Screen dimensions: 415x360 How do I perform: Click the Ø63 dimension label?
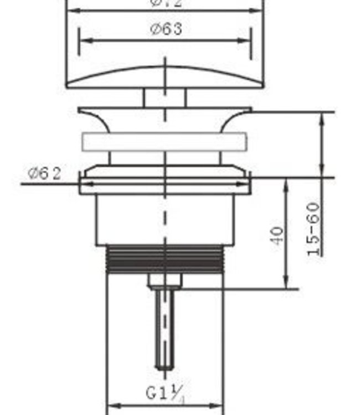pyautogui.click(x=166, y=29)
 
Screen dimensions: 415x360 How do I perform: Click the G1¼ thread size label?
pyautogui.click(x=164, y=393)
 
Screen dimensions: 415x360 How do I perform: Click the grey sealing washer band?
pyautogui.click(x=164, y=142)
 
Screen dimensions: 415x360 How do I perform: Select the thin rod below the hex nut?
pyautogui.click(x=164, y=326)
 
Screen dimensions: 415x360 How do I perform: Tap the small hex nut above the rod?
pyautogui.click(x=164, y=282)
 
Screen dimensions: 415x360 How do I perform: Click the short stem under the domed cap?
pyautogui.click(x=164, y=97)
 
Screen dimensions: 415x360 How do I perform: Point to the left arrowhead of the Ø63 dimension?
pyautogui.click(x=84, y=40)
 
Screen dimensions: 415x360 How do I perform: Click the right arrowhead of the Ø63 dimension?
pyautogui.click(x=245, y=40)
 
